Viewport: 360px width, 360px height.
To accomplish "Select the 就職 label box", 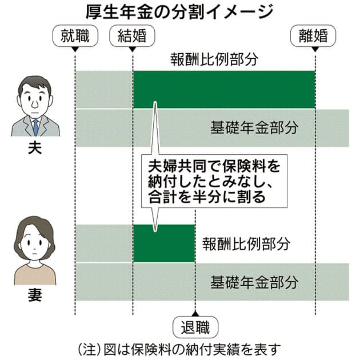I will pyautogui.click(x=75, y=36).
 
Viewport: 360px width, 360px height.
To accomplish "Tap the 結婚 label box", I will pyautogui.click(x=132, y=36).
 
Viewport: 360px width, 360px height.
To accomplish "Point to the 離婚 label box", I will pyautogui.click(x=314, y=36).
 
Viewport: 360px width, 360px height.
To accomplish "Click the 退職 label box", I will pyautogui.click(x=195, y=328).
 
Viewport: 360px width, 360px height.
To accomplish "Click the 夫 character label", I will pyautogui.click(x=35, y=148).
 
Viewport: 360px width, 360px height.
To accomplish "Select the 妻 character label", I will pyautogui.click(x=35, y=297).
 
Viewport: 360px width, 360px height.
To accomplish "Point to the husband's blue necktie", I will pyautogui.click(x=35, y=126).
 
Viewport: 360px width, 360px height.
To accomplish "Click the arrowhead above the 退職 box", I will pyautogui.click(x=195, y=313).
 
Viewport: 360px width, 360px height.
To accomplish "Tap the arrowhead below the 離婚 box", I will pyautogui.click(x=315, y=49).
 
